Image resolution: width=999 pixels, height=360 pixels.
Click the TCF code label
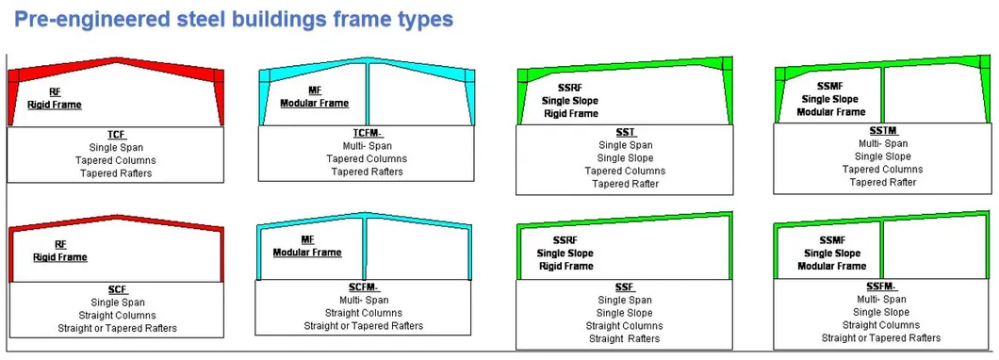click(116, 135)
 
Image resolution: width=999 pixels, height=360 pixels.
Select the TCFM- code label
click(368, 133)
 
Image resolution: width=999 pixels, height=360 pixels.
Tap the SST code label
click(624, 133)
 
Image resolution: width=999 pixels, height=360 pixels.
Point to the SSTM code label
click(882, 131)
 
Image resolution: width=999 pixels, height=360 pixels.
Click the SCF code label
click(117, 290)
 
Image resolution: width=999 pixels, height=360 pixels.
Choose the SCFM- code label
click(364, 287)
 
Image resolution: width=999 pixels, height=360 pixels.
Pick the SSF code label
click(624, 287)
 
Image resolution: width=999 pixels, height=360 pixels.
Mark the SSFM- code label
click(881, 286)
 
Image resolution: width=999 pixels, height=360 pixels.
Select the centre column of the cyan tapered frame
click(368, 94)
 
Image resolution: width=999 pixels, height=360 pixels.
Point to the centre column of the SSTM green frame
click(882, 94)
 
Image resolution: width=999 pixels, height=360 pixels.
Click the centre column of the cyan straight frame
click(365, 249)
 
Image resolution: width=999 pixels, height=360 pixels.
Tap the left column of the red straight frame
click(10, 256)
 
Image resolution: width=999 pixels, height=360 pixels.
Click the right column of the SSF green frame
click(730, 247)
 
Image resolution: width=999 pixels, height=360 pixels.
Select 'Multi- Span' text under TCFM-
click(368, 147)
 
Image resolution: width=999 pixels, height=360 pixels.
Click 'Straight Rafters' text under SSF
click(624, 339)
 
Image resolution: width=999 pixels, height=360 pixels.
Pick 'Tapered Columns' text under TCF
click(116, 160)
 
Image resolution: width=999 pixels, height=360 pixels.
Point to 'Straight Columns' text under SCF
click(117, 316)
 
